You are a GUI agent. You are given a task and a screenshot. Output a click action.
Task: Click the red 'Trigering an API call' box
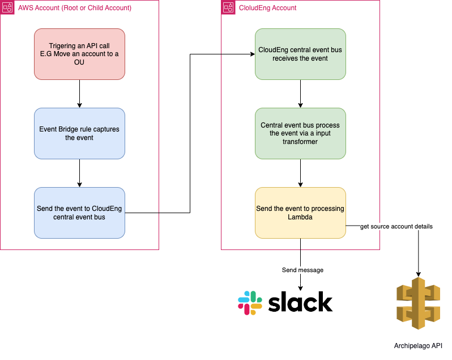tap(79, 54)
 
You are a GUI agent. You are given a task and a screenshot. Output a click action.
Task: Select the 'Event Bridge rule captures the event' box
tap(79, 133)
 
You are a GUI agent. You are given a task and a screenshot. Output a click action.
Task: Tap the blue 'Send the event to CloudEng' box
tap(79, 213)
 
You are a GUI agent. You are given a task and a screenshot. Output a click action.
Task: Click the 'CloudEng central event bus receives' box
tap(300, 54)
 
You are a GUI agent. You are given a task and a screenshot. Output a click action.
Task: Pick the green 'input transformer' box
tap(300, 133)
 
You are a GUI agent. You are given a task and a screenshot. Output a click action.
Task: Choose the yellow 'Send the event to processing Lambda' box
tap(300, 213)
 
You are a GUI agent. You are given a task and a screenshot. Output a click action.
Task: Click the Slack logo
tap(285, 303)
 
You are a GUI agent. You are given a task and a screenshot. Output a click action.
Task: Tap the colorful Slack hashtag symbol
tap(250, 303)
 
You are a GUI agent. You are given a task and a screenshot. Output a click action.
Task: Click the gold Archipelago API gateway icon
tap(418, 303)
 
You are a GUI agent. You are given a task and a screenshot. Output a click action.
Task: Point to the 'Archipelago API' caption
tap(418, 345)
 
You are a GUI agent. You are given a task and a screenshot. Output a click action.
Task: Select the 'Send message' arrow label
tap(302, 270)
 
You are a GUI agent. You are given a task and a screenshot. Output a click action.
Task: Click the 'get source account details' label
tap(396, 226)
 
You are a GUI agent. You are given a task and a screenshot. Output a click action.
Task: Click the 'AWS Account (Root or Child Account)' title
tap(75, 8)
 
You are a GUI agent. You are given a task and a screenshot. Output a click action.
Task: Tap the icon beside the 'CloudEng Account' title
tap(228, 8)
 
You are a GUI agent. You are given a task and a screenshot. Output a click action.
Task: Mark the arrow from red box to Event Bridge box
tap(79, 94)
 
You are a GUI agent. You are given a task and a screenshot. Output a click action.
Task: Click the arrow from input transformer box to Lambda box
tap(300, 173)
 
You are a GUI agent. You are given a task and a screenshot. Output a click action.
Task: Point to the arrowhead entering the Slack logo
tap(300, 287)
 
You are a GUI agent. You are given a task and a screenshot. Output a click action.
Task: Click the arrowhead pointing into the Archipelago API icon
tap(418, 273)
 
